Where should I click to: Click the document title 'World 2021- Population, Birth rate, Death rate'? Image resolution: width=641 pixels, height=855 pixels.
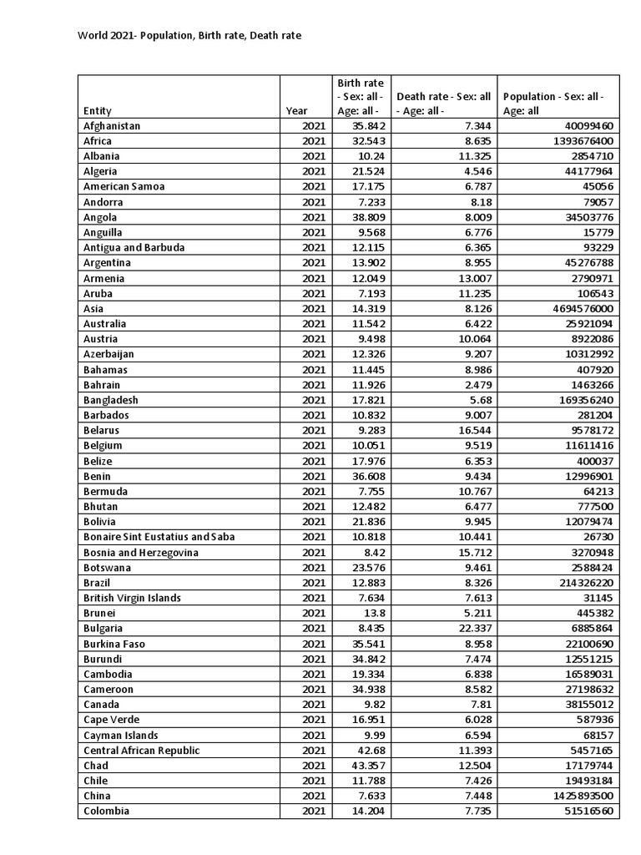[x=189, y=36]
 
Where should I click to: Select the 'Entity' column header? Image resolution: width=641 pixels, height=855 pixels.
[x=98, y=110]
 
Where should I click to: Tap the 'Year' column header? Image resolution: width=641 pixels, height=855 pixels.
[x=296, y=110]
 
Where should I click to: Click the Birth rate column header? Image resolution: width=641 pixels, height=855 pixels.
[x=361, y=96]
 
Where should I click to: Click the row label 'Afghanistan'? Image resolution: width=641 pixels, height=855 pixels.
[x=112, y=126]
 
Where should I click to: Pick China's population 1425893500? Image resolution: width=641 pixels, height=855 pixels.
[x=576, y=796]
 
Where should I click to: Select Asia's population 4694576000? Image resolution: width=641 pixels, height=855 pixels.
[x=576, y=309]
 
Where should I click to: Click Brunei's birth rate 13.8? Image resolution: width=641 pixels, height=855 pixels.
[x=374, y=614]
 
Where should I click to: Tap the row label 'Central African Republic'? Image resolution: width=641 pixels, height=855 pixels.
[x=142, y=751]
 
